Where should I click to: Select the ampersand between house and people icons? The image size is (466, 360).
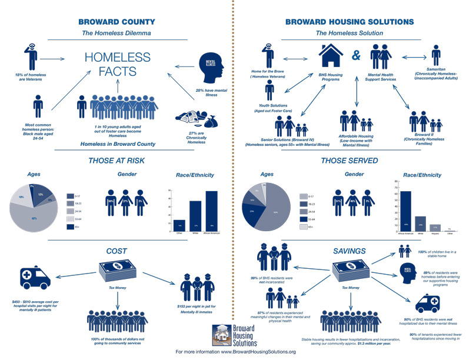(355, 58)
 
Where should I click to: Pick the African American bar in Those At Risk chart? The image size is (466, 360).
(211, 209)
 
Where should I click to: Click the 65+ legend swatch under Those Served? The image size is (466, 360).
(303, 226)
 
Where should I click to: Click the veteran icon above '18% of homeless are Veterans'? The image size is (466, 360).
(32, 55)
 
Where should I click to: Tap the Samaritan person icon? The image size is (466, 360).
(435, 56)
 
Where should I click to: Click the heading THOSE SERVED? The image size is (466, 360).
(349, 159)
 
